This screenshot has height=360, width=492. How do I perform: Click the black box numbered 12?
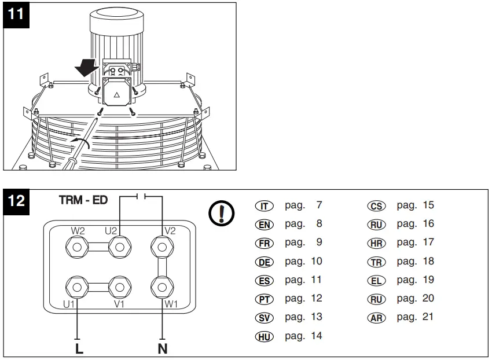point(16,201)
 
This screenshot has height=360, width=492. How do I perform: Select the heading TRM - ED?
point(83,200)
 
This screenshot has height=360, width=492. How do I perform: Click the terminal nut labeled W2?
point(76,248)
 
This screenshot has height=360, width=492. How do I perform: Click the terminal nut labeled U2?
point(119,248)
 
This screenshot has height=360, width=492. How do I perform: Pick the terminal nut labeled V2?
point(162,248)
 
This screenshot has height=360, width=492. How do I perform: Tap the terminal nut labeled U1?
point(76,286)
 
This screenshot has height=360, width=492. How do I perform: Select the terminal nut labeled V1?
point(119,286)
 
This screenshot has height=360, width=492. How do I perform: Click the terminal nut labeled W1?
point(162,286)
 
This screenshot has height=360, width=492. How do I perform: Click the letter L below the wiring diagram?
point(79,349)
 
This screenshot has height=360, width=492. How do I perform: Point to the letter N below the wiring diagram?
point(163,349)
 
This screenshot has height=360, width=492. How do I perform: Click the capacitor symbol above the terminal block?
point(141,197)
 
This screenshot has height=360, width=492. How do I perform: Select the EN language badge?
point(264,225)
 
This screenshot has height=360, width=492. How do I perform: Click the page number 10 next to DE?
point(316,261)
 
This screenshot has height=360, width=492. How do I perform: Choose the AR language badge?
point(376,318)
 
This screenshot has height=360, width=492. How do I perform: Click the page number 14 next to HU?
point(316,336)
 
